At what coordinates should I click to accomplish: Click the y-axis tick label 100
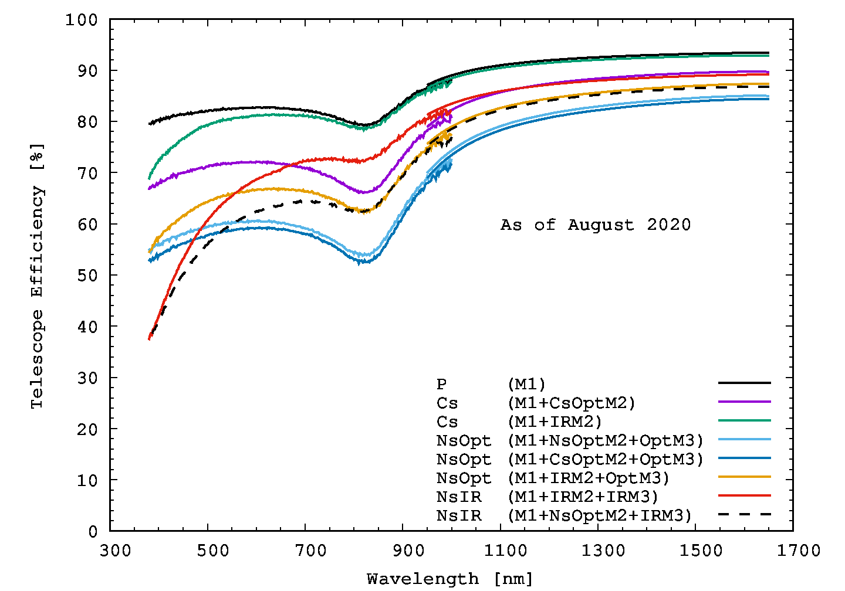coord(82,20)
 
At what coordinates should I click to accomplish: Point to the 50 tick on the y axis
coord(87,276)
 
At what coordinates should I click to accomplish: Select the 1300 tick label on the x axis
coord(603,551)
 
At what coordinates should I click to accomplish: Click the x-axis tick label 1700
coord(798,551)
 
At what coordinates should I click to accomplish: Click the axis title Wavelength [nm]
coord(450,579)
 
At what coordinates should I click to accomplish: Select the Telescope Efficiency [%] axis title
coord(38,276)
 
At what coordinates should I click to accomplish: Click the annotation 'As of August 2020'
coord(596,225)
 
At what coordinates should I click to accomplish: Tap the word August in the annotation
coord(601,225)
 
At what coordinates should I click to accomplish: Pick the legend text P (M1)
coord(491,385)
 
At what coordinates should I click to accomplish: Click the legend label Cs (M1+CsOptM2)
coord(536,403)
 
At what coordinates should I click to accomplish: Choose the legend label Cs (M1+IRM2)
coord(519,422)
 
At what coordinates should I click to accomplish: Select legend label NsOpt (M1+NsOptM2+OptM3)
coord(570,441)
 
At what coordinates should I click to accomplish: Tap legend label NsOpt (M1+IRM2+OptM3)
coord(553,478)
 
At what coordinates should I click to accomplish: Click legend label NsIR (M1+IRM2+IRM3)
coord(547,497)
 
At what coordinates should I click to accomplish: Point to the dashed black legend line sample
coord(744,514)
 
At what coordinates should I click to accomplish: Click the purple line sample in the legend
coord(744,402)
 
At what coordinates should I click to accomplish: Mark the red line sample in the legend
coord(744,495)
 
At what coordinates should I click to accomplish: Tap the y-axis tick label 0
coord(93,532)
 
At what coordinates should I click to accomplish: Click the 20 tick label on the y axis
coord(87,429)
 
